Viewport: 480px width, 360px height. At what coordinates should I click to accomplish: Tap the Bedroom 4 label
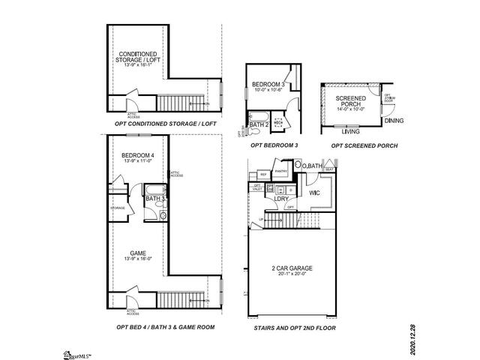(x=137, y=156)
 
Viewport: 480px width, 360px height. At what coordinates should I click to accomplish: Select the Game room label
(x=138, y=253)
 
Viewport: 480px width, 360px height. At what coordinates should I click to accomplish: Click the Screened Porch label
(x=350, y=102)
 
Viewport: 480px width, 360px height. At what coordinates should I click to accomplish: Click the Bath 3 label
(x=154, y=199)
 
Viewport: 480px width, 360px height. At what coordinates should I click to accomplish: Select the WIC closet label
(x=316, y=191)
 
